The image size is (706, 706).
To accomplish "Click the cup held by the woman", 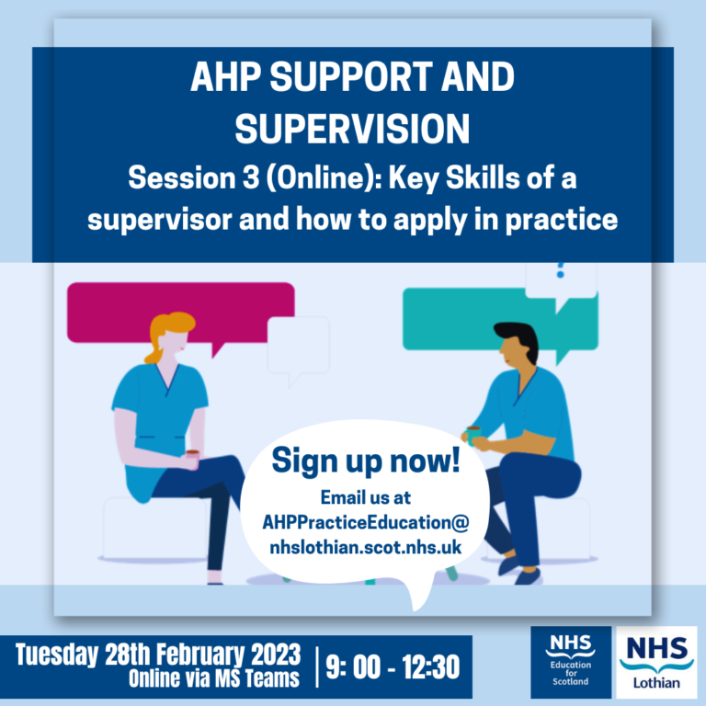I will [192, 456].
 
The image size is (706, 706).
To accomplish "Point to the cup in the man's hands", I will [473, 432].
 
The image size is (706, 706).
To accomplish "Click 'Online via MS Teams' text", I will [216, 679].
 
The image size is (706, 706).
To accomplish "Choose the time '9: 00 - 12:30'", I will [393, 667].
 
